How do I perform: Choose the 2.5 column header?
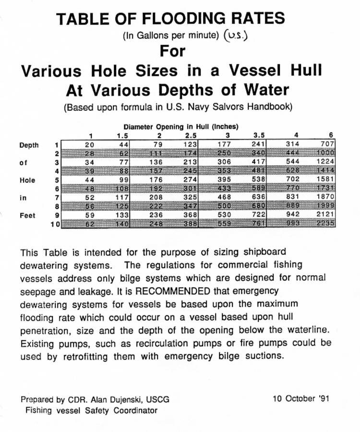191,135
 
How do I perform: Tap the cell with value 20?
89,144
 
